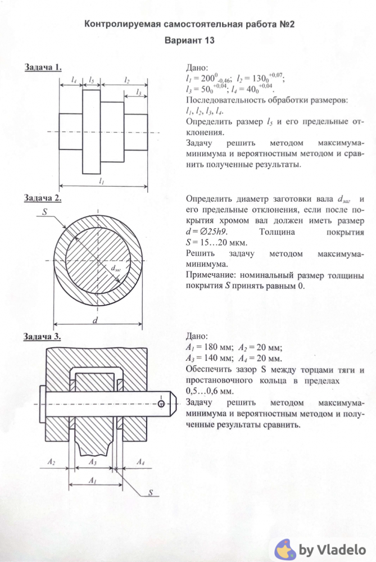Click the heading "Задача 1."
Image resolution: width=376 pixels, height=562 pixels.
click(43, 67)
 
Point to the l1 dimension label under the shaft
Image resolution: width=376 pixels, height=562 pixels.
click(101, 181)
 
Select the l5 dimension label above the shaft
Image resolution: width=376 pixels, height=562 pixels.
click(91, 80)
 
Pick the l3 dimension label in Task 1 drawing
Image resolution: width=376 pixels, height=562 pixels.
click(138, 91)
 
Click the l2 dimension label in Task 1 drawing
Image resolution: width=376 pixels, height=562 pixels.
click(127, 80)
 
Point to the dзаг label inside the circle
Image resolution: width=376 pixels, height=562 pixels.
click(116, 268)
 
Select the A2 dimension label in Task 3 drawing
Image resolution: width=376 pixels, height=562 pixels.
click(51, 462)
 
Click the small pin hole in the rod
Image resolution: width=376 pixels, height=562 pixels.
click(161, 404)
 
